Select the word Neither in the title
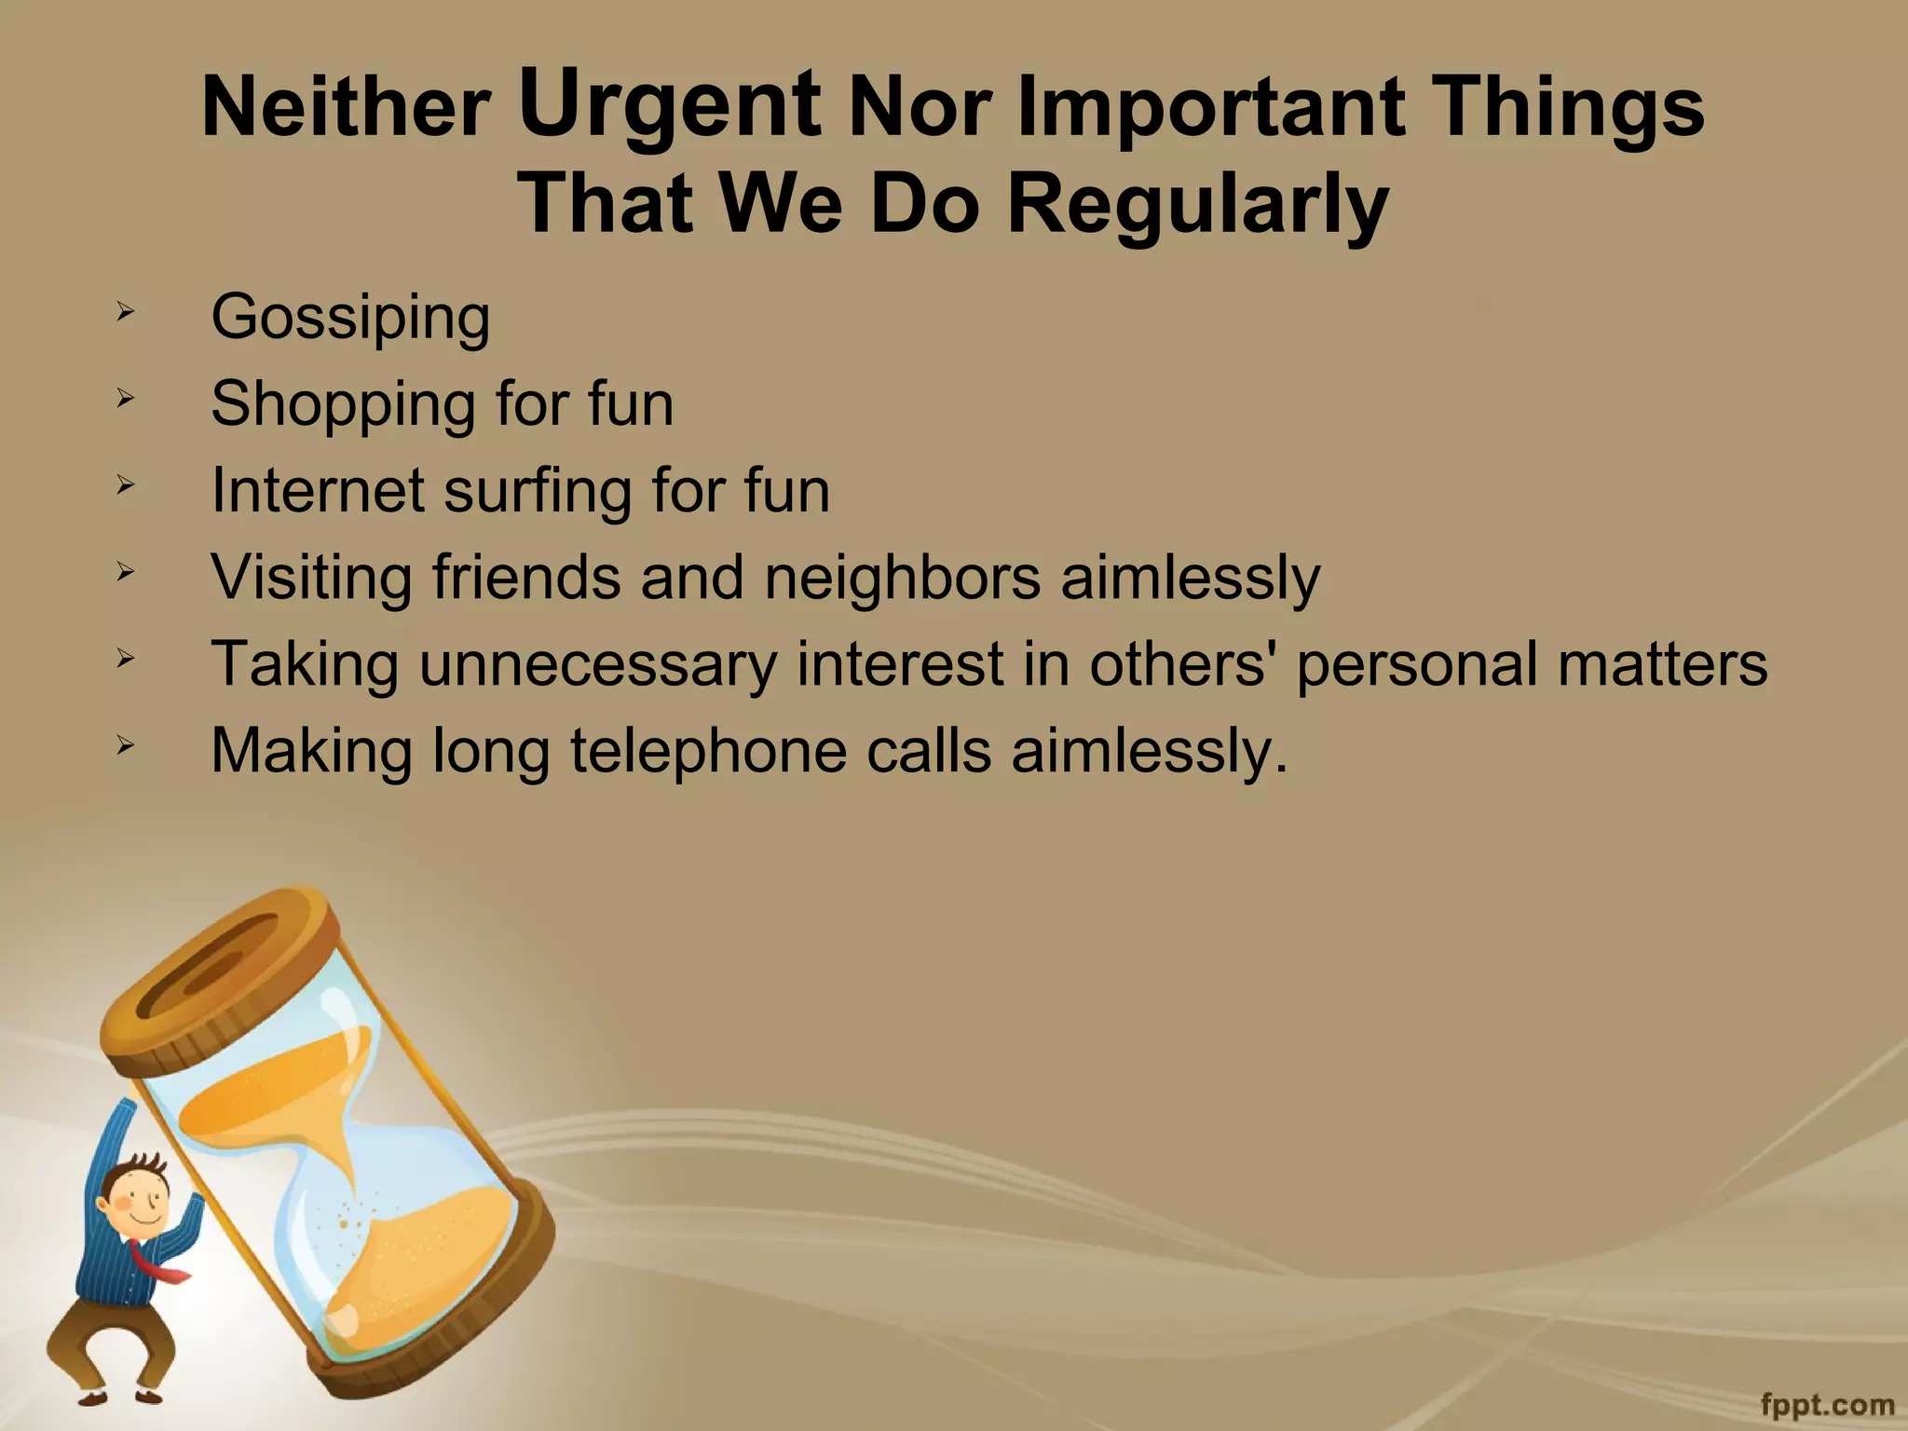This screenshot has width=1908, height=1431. (346, 109)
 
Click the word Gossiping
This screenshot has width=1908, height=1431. (350, 319)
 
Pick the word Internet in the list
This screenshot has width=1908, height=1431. (317, 490)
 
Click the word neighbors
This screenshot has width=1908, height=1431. (902, 578)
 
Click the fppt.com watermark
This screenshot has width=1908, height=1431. (1827, 1403)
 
